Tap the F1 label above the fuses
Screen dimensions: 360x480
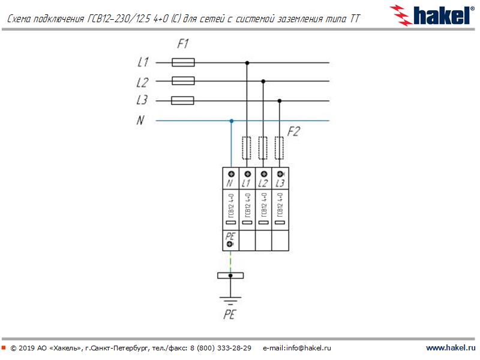coord(183,44)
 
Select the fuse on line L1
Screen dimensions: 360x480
coord(183,62)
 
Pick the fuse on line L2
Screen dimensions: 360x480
coord(183,81)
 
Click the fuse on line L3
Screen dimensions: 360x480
coord(183,100)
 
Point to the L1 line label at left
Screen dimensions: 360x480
coord(143,62)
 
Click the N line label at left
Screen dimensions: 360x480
coord(140,121)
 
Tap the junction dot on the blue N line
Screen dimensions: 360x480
coord(231,121)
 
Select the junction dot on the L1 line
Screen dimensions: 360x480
coord(247,62)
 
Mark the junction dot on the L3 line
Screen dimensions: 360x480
coord(279,101)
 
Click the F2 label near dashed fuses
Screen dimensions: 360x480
coord(293,132)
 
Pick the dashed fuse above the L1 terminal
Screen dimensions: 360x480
coord(247,146)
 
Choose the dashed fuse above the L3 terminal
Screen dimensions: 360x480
coord(279,146)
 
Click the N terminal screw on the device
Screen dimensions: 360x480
coord(230,174)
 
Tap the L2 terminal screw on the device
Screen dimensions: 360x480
coord(263,174)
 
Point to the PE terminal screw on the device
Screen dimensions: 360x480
coord(230,244)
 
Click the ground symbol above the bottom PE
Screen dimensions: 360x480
coord(230,299)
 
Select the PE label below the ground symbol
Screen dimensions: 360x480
coord(229,314)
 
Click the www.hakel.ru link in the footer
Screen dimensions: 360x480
coord(451,348)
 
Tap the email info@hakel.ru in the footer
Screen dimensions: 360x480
coord(297,348)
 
